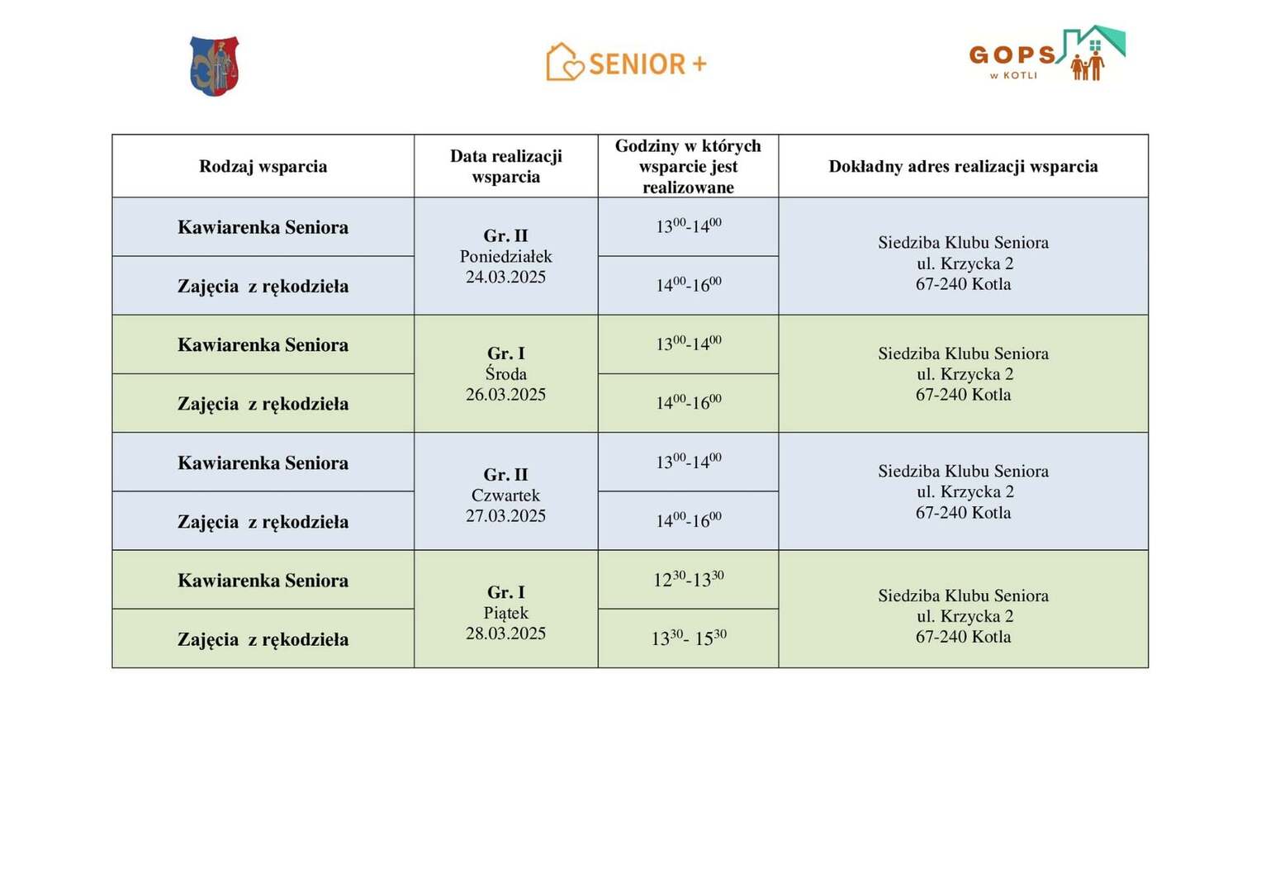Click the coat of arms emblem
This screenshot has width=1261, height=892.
[215, 66]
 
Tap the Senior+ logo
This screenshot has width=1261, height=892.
[627, 63]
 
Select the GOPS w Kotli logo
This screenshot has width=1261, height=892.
[1046, 55]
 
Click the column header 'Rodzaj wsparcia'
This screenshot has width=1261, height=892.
[263, 166]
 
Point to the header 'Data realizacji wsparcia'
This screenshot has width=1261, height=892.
[505, 166]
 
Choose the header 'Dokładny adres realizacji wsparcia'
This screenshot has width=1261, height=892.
[963, 166]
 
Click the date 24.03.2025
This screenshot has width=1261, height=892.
[505, 277]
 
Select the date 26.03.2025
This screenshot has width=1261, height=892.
[505, 395]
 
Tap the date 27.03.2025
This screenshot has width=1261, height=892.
[505, 516]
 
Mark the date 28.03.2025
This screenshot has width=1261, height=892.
[505, 633]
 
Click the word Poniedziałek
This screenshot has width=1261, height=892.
[505, 256]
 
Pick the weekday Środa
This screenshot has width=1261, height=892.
[505, 374]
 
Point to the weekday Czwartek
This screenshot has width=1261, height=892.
[505, 496]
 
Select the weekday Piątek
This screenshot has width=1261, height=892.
[505, 613]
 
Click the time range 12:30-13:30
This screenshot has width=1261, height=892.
[688, 580]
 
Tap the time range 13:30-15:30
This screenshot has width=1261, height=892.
[688, 638]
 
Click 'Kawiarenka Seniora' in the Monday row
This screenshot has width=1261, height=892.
[263, 227]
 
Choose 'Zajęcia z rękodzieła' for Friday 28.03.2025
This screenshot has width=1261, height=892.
[263, 639]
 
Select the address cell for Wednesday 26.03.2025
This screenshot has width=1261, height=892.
[963, 374]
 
